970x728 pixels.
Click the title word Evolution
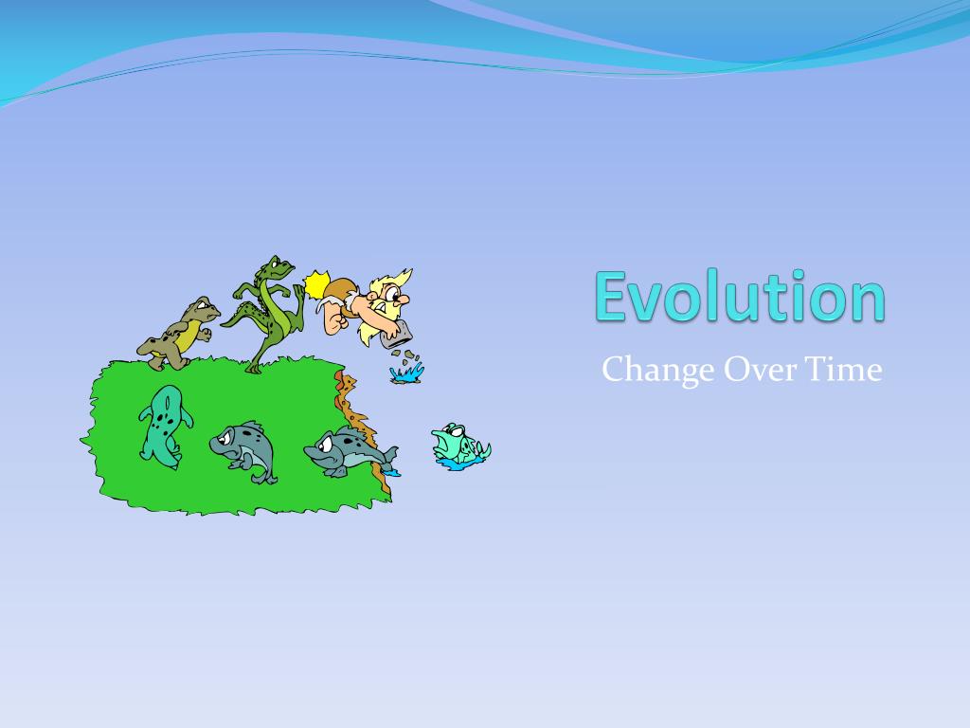[x=740, y=296]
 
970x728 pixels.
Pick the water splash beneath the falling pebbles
[x=406, y=374]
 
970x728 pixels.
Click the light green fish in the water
[x=459, y=445]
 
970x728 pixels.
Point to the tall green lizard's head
[x=280, y=266]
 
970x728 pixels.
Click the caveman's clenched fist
[x=332, y=320]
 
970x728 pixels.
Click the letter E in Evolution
[x=612, y=296]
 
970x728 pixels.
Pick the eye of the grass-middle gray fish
[x=228, y=435]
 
